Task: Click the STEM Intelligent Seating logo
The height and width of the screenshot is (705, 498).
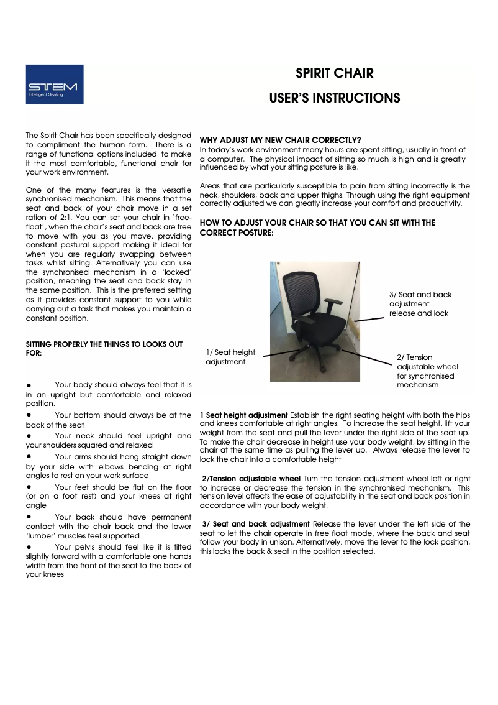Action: pos(55,84)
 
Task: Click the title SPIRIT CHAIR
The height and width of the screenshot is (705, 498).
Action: pos(334,73)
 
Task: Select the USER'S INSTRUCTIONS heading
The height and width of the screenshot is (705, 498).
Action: pos(334,98)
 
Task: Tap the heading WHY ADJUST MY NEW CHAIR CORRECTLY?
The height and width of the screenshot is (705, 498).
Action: pos(280,140)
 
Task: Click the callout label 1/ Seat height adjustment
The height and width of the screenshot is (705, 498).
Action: pos(230,357)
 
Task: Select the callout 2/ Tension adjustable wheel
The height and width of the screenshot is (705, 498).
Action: pos(427,371)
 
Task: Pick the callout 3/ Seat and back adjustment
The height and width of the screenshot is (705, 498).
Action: pos(420,304)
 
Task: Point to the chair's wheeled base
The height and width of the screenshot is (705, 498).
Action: pos(317,363)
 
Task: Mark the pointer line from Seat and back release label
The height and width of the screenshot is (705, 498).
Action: pos(369,319)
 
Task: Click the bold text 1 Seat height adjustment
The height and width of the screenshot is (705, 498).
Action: pos(244,415)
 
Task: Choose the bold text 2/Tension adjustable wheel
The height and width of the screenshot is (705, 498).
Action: pos(251,478)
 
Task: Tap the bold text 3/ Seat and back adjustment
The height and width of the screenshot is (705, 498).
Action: pos(256,524)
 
